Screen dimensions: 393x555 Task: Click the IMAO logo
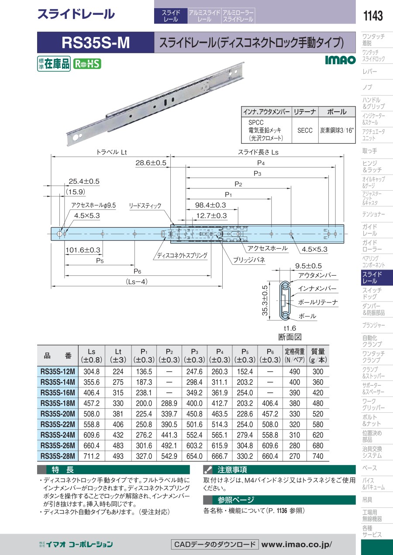341,60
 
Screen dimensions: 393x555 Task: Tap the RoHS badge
87,64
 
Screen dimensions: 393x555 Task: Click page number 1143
373,16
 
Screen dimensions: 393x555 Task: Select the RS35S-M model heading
96,43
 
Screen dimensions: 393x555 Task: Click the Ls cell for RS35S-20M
92,414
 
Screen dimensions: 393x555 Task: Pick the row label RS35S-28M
58,456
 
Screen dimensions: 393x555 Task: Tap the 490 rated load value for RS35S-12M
295,372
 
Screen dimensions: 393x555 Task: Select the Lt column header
118,356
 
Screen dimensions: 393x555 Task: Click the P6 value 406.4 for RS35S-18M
270,403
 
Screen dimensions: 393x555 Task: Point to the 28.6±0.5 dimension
151,163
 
